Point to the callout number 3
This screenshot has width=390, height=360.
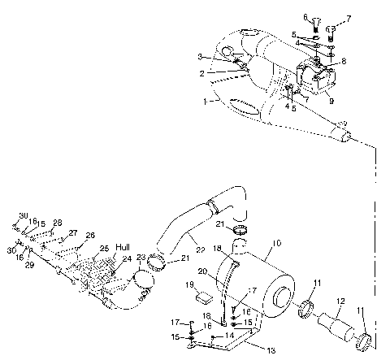pyautogui.click(x=198, y=56)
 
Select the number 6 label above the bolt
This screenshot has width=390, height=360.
pyautogui.click(x=307, y=16)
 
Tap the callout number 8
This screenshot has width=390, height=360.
pyautogui.click(x=344, y=61)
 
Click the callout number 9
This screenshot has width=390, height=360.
pyautogui.click(x=331, y=101)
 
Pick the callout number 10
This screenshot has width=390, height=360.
pyautogui.click(x=277, y=243)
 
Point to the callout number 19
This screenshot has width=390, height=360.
pyautogui.click(x=188, y=285)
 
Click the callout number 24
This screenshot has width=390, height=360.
pyautogui.click(x=127, y=261)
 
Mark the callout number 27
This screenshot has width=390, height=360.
pyautogui.click(x=73, y=233)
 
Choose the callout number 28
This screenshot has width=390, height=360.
pyautogui.click(x=57, y=222)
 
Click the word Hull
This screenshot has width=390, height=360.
pyautogui.click(x=123, y=246)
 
